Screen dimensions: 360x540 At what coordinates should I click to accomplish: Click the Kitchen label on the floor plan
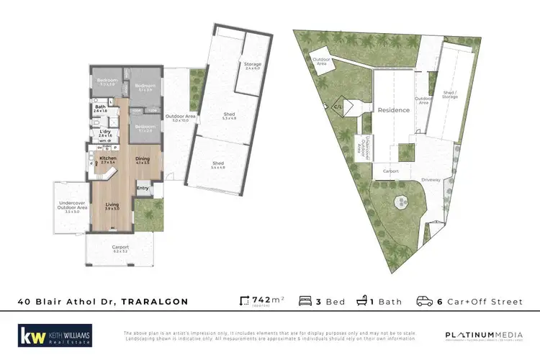tap(107, 158)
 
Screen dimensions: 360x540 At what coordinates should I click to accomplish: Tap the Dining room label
tap(143, 158)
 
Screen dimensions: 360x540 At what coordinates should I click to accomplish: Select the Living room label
tap(112, 205)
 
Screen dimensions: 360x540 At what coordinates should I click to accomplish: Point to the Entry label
tap(143, 189)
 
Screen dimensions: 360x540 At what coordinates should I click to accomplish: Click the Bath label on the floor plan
tap(100, 107)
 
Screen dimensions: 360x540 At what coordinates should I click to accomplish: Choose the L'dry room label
tap(105, 132)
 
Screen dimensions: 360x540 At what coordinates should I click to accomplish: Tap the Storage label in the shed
tap(252, 65)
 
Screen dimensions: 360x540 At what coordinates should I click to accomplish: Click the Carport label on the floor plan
tap(120, 248)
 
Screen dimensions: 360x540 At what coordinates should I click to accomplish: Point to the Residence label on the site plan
tap(394, 110)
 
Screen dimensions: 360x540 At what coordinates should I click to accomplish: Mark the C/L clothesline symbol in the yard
tap(337, 107)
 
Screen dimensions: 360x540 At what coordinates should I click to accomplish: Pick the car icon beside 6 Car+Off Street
tap(426, 302)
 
